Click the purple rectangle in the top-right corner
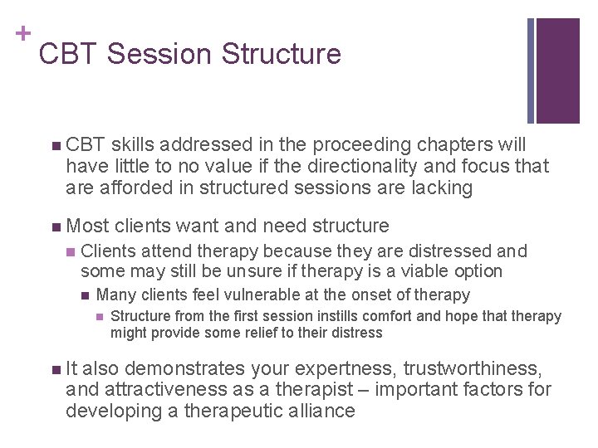point(557,71)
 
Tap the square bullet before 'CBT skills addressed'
point(55,144)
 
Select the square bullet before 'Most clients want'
point(55,226)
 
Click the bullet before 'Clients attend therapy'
point(71,251)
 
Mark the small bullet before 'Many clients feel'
point(86,295)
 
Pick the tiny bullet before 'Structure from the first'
point(100,316)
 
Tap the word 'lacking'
point(442,187)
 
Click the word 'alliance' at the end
point(317,411)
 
